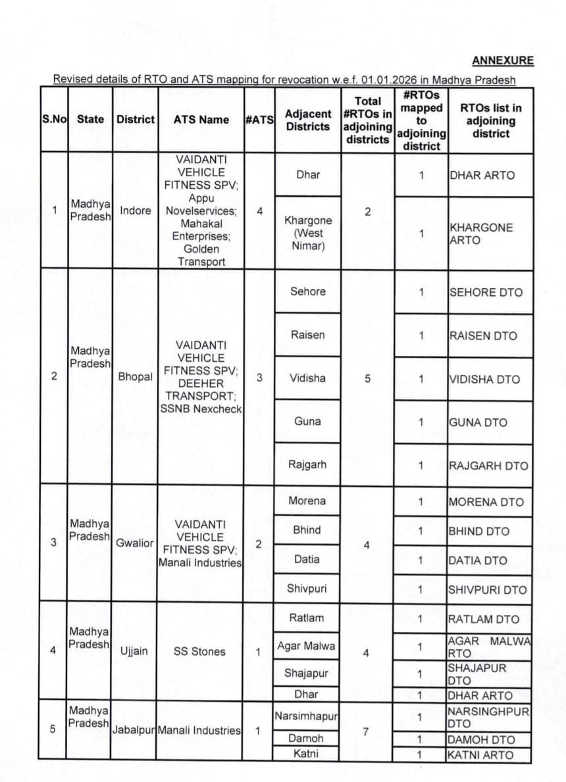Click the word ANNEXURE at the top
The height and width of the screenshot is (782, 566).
click(x=503, y=61)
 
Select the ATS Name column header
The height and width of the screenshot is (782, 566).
click(x=201, y=120)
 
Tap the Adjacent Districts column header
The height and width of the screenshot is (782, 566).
click(x=307, y=120)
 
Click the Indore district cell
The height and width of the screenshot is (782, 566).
click(x=135, y=211)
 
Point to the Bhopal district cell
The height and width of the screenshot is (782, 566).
click(x=135, y=378)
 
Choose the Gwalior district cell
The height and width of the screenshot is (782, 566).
click(x=135, y=543)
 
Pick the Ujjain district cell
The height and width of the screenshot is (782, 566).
click(x=134, y=651)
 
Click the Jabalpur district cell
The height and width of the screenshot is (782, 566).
click(x=135, y=731)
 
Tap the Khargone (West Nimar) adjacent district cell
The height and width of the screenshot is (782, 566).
click(x=307, y=233)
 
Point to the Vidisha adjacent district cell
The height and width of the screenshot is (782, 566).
click(x=307, y=378)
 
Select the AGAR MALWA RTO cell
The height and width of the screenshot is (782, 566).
click(x=489, y=647)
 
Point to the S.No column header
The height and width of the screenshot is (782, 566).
click(x=55, y=120)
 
